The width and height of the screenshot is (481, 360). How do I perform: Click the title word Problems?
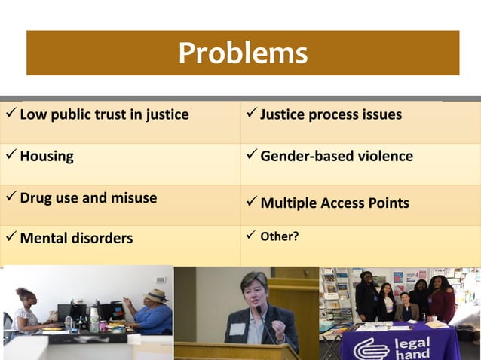(x=243, y=53)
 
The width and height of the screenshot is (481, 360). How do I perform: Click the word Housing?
(x=47, y=157)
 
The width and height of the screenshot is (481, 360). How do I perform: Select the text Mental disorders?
(x=76, y=239)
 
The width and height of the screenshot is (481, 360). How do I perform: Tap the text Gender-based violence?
(x=336, y=157)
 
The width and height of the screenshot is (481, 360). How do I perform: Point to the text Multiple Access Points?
(x=335, y=203)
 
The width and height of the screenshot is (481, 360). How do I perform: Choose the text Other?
(x=279, y=236)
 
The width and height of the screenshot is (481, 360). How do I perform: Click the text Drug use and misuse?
(x=88, y=198)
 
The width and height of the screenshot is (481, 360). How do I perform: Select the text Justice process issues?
(x=331, y=115)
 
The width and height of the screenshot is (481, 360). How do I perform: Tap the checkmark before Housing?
(x=10, y=156)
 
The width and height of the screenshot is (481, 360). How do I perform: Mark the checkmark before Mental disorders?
(x=10, y=238)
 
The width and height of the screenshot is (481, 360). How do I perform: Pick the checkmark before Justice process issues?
(x=250, y=114)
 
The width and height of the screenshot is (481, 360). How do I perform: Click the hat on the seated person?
(x=156, y=294)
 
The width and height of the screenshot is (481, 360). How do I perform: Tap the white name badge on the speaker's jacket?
(x=237, y=328)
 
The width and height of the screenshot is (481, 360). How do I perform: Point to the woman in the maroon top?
(x=443, y=300)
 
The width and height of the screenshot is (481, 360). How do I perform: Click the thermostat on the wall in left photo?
(x=160, y=279)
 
